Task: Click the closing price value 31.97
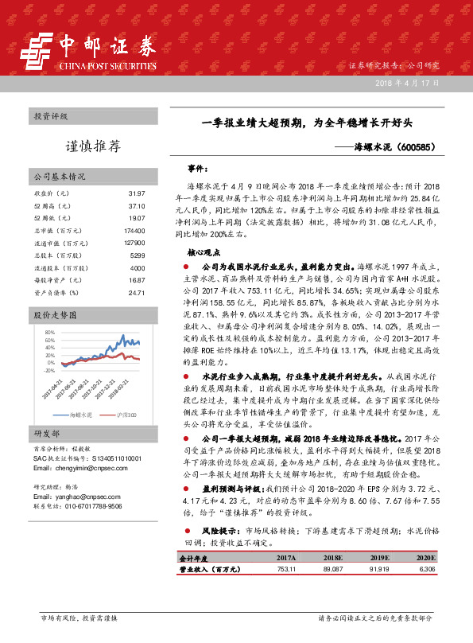pyautogui.click(x=136, y=194)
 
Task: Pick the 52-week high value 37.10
pyautogui.click(x=136, y=206)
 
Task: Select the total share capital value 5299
pyautogui.click(x=137, y=255)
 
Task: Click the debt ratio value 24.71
pyautogui.click(x=136, y=293)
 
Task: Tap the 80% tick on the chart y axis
pyautogui.click(x=49, y=330)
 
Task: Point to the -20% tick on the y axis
pyautogui.click(x=48, y=370)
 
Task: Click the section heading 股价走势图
pyautogui.click(x=54, y=316)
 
